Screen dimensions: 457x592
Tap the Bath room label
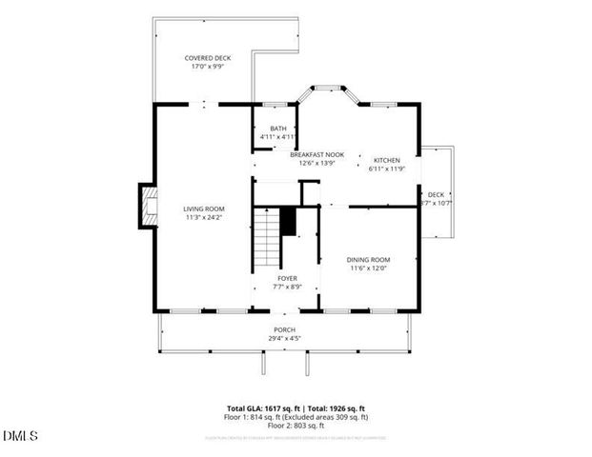pos(277,129)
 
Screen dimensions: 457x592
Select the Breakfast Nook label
pos(317,154)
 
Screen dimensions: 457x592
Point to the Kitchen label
pos(387,160)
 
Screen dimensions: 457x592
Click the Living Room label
pos(204,209)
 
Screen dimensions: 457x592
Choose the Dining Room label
pos(368,259)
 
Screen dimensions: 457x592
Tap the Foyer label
pos(287,278)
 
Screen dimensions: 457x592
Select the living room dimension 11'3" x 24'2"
pos(204,218)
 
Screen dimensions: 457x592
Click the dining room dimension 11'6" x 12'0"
pos(368,268)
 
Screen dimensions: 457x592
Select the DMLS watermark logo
pos(20,437)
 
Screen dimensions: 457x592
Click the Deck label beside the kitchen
pos(436,194)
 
